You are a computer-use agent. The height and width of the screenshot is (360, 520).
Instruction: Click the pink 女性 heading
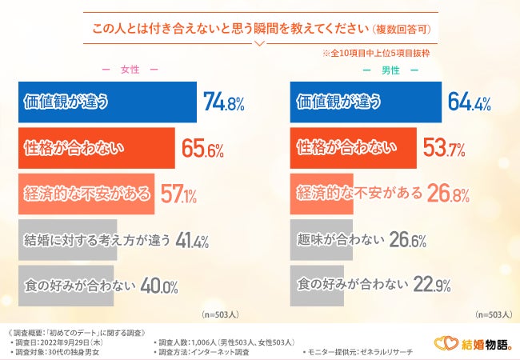130,70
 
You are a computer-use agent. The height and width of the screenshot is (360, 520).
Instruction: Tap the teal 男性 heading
390,70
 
